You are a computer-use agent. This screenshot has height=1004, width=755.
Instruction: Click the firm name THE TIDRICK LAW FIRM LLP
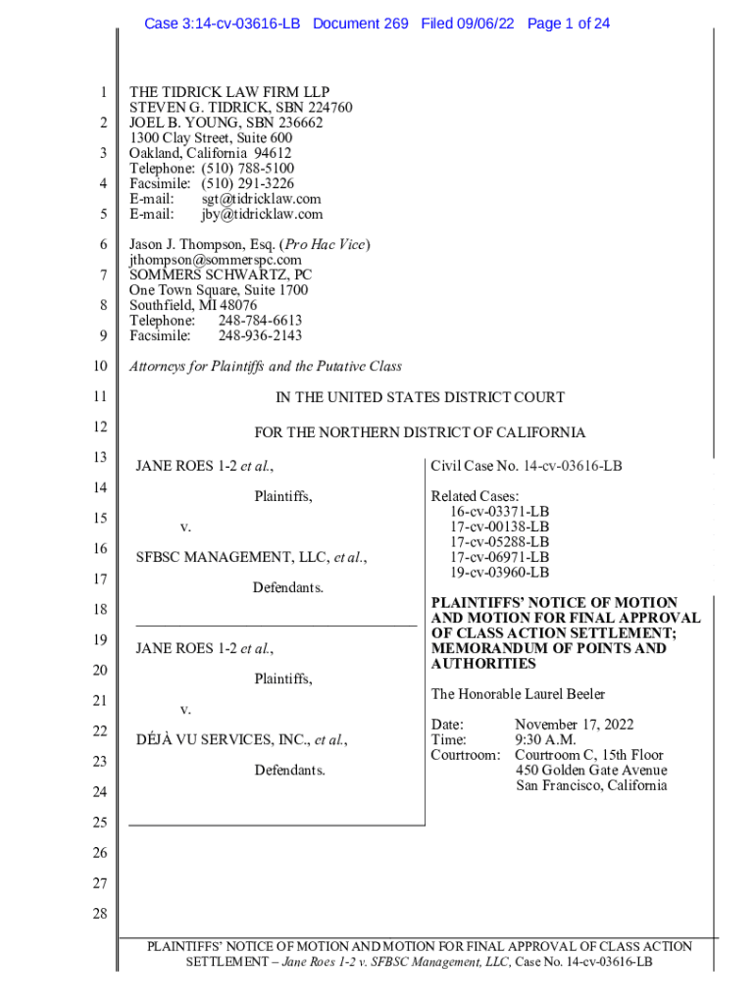(x=229, y=92)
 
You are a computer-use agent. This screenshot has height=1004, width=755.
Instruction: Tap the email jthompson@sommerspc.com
(x=216, y=260)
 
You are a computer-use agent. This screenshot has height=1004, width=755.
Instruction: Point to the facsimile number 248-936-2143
(x=260, y=335)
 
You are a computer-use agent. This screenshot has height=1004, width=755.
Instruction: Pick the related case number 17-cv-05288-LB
(x=499, y=542)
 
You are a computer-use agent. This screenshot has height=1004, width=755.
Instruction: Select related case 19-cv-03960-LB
(x=499, y=573)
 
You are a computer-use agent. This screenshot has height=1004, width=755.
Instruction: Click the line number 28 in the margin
(x=97, y=914)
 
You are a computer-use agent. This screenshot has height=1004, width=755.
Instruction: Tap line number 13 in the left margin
(x=97, y=458)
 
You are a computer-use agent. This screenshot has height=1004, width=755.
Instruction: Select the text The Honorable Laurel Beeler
(x=518, y=694)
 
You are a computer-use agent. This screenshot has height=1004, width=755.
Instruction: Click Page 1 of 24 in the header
(x=569, y=23)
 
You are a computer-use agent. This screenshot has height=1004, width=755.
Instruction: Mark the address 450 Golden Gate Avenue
(x=591, y=771)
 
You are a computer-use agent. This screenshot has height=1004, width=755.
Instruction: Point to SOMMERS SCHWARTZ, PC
(x=221, y=276)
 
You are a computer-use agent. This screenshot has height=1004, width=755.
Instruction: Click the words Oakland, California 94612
(x=211, y=153)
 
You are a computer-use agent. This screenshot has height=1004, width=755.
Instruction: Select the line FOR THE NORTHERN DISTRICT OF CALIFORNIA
(x=420, y=432)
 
